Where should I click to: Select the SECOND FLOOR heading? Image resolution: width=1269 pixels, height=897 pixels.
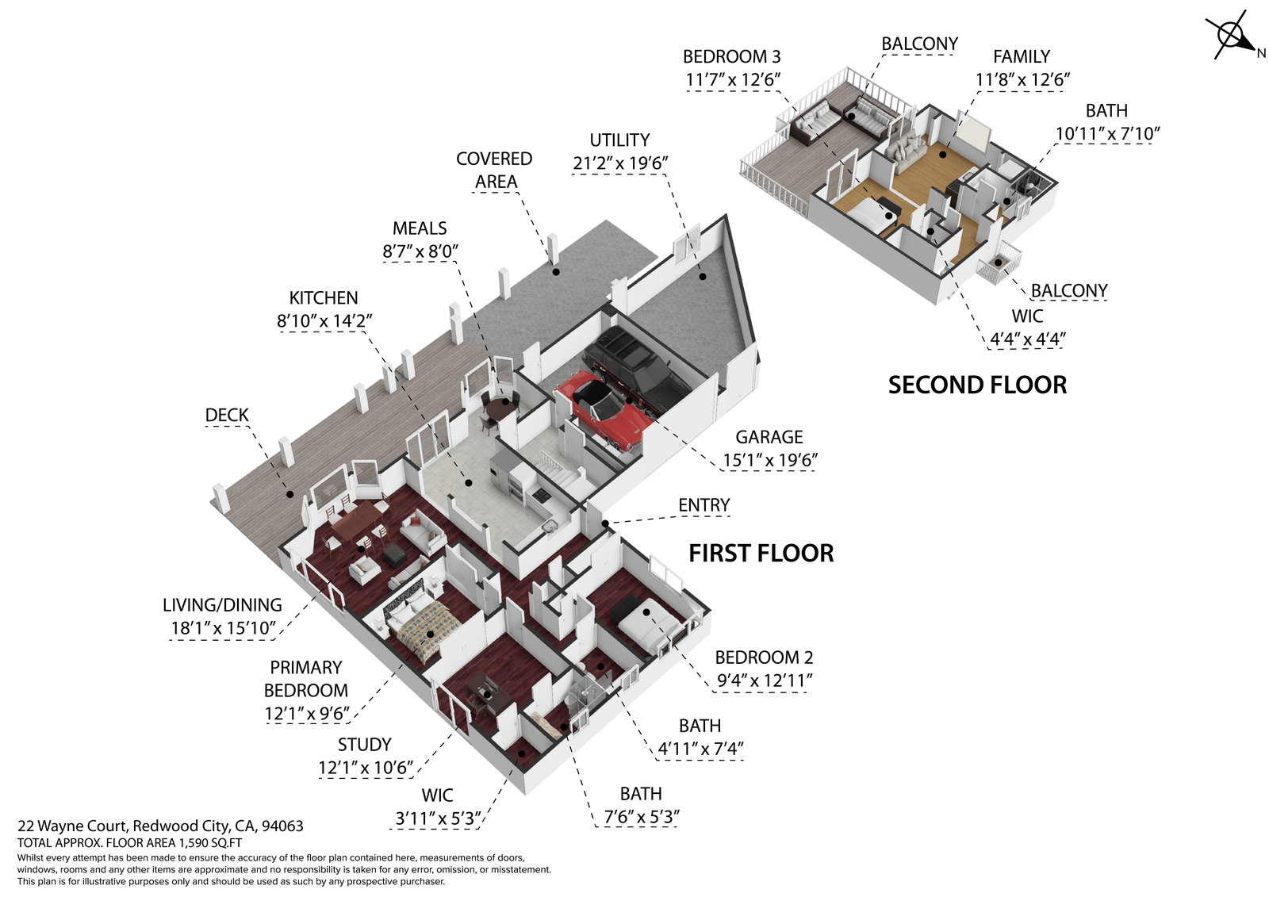tap(977, 385)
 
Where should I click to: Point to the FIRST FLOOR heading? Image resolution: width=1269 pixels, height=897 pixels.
tap(761, 554)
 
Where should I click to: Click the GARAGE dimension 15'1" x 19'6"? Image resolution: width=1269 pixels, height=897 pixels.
tap(769, 460)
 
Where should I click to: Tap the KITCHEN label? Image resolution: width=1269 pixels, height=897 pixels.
tap(324, 298)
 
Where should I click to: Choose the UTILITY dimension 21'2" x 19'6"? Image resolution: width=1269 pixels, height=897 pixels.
tap(619, 163)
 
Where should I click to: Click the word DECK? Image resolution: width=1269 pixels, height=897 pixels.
tap(227, 416)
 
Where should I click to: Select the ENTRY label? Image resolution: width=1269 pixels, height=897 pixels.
tap(704, 506)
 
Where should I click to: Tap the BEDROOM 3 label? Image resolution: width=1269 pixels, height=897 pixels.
tap(731, 57)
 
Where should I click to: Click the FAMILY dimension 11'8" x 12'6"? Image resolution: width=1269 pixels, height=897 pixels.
tap(1022, 80)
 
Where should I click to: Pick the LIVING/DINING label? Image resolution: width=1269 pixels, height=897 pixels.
tap(222, 606)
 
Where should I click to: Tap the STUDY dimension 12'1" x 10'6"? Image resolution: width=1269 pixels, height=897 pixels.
tap(366, 768)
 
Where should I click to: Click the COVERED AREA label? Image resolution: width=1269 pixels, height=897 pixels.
tap(494, 171)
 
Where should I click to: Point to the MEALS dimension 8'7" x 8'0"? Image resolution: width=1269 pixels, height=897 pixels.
tap(420, 251)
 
